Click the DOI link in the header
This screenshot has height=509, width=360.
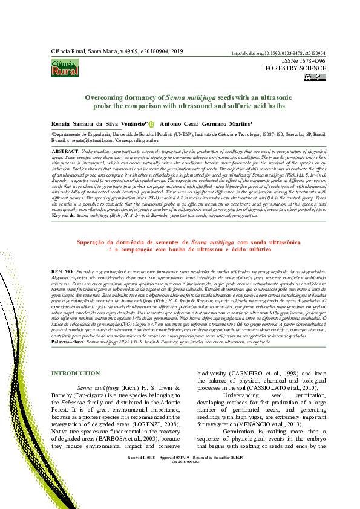278,53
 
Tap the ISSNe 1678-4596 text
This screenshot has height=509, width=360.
304,61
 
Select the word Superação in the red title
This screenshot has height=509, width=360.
96,258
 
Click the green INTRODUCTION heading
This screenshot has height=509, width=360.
75,374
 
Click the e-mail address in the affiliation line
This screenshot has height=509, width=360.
82,140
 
